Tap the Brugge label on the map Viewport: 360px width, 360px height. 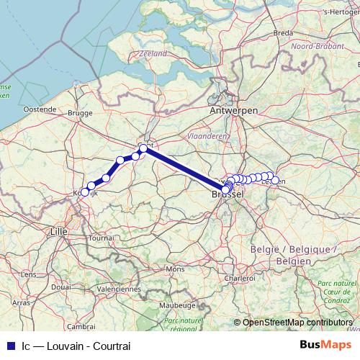(x=80, y=113)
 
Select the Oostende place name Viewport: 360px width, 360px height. (x=40, y=109)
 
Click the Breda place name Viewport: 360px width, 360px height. (x=283, y=32)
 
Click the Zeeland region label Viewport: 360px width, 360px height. (x=154, y=53)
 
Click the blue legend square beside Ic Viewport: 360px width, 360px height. (x=9, y=345)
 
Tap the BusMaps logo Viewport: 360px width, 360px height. (x=323, y=345)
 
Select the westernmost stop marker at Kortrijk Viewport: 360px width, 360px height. (x=85, y=192)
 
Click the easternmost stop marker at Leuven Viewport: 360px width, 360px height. (x=275, y=180)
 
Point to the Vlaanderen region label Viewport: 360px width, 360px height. (x=207, y=135)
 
